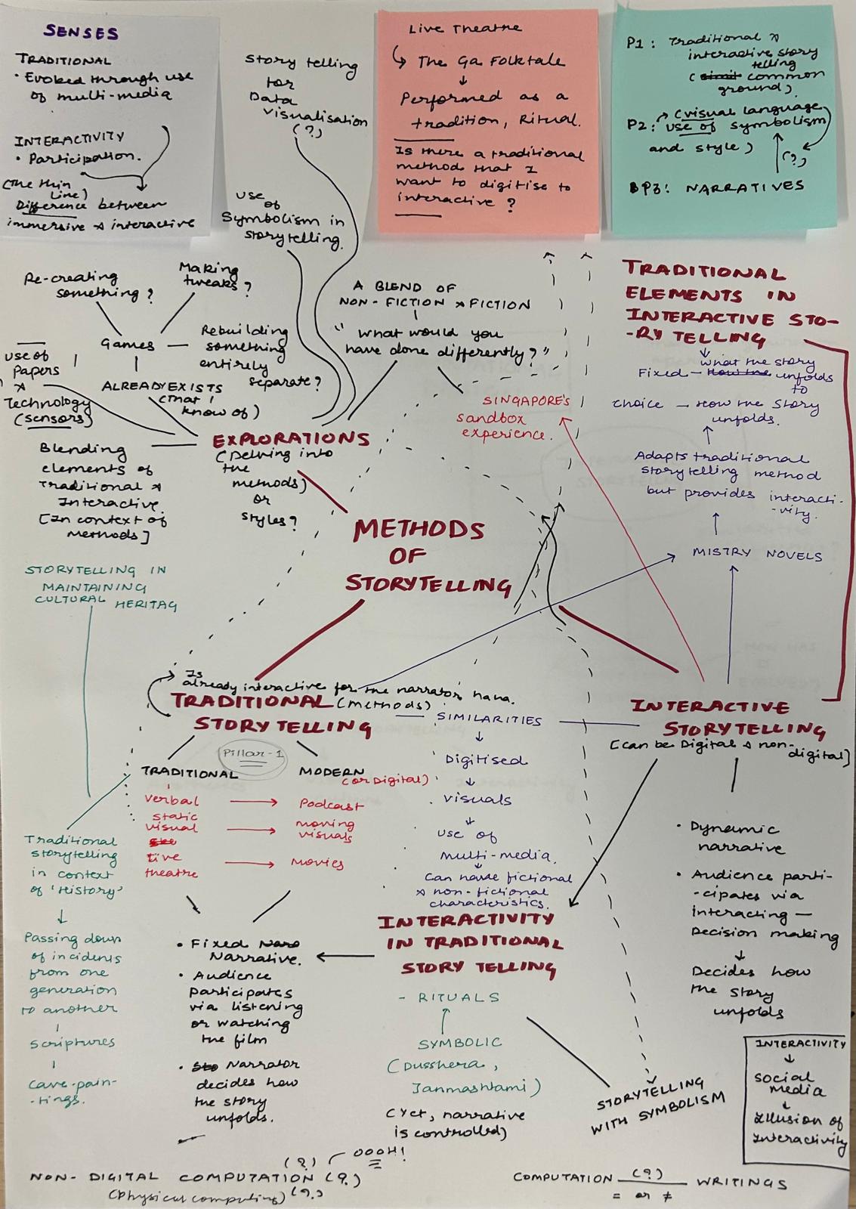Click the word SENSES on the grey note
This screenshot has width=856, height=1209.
[x=81, y=32]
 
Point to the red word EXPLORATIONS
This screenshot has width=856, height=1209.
[x=291, y=439]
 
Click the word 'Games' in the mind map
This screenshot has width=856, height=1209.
[x=128, y=345]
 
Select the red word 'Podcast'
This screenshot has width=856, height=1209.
[x=331, y=805]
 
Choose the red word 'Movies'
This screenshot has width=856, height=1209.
[x=317, y=862]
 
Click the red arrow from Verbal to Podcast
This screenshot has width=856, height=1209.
[x=253, y=802]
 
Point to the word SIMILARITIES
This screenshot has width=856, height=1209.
[x=489, y=719]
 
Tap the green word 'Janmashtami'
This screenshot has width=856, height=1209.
[x=476, y=1089]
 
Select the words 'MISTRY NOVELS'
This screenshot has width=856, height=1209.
[x=757, y=554]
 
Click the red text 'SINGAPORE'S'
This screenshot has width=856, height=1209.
[x=527, y=400]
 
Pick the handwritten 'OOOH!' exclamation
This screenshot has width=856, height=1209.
[x=379, y=1154]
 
